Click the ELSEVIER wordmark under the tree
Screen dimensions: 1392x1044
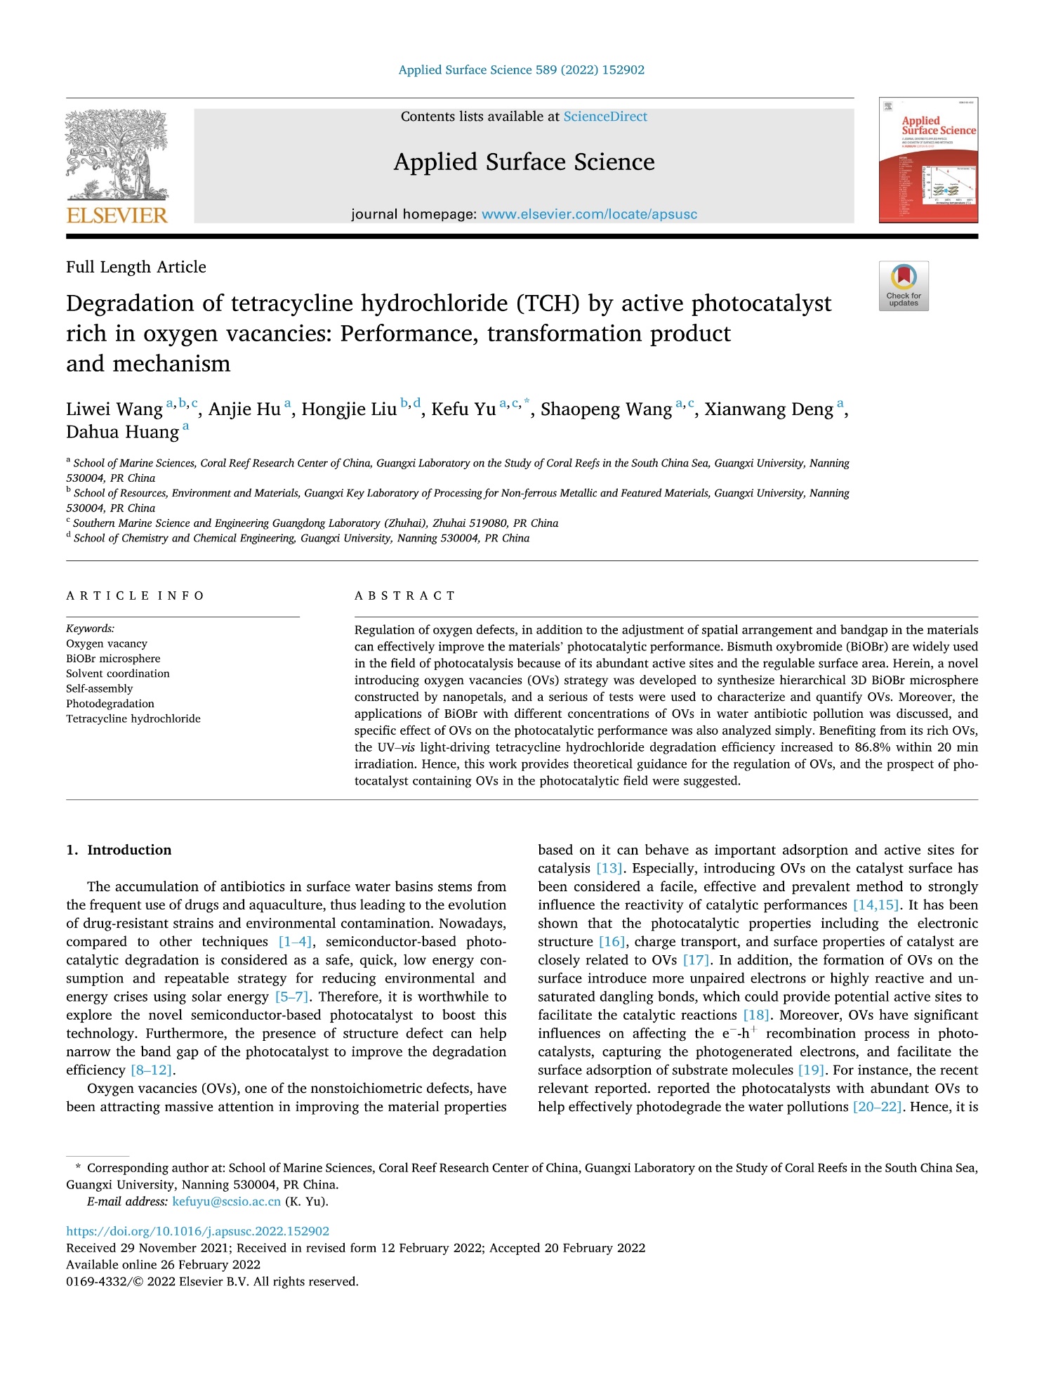point(117,215)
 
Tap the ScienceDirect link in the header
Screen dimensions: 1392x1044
point(605,117)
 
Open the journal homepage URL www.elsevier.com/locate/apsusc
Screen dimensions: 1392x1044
point(589,214)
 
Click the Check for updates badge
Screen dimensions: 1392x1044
point(903,286)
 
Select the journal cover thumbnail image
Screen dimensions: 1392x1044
point(927,160)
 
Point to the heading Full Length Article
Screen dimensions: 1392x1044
point(136,267)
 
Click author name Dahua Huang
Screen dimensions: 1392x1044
point(123,432)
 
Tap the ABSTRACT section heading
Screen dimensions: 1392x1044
point(405,596)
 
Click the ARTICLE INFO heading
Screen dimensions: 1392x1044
point(135,596)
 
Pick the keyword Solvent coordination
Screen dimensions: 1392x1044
point(118,674)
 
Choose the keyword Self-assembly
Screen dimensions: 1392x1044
point(99,688)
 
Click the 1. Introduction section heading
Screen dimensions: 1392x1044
point(119,850)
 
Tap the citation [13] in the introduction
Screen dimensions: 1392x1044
point(608,869)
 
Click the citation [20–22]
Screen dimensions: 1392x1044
point(877,1107)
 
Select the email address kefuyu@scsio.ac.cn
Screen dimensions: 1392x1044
point(226,1201)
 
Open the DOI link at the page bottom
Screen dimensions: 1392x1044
point(197,1231)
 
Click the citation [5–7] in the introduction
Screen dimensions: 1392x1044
point(291,997)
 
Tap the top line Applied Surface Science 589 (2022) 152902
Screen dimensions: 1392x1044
point(521,70)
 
